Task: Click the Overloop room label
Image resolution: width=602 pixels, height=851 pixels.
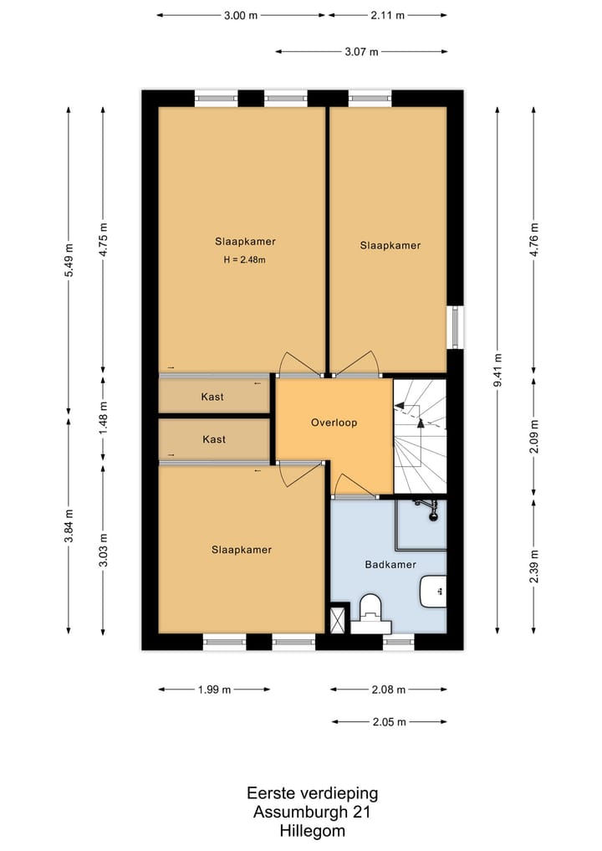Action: click(x=334, y=423)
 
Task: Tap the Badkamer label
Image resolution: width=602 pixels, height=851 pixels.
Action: click(x=390, y=565)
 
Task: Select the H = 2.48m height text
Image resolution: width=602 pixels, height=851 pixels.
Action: click(x=245, y=260)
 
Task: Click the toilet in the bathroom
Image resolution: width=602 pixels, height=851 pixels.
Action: click(x=371, y=614)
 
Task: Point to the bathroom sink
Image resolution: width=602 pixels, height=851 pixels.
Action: click(x=433, y=591)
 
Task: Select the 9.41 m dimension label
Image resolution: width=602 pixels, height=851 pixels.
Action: click(x=497, y=370)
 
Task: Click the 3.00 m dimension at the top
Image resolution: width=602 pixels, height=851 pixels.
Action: click(x=241, y=15)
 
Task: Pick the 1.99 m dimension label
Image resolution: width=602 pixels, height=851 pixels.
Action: click(x=214, y=690)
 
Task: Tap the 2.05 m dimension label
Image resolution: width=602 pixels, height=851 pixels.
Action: click(x=390, y=722)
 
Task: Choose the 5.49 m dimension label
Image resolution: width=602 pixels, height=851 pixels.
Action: click(x=69, y=260)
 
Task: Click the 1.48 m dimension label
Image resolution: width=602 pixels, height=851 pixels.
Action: click(x=103, y=417)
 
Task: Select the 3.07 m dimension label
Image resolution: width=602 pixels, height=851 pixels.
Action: click(x=362, y=52)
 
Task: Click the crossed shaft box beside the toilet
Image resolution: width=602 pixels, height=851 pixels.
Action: click(x=338, y=619)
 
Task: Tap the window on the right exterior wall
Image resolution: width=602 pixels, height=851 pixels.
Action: click(x=457, y=327)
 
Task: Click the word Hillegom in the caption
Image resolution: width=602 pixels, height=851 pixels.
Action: click(x=313, y=831)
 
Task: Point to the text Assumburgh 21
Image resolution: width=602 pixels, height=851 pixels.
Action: click(x=313, y=812)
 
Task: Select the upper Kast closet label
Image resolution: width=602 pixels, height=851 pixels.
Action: click(x=212, y=397)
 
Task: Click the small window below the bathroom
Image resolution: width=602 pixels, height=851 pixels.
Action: click(x=399, y=643)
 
